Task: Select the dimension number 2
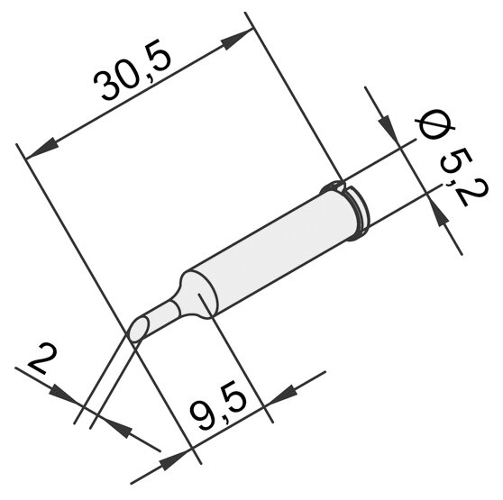pos(42,359)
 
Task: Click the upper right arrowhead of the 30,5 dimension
pos(235,40)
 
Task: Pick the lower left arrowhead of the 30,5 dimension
pos(42,149)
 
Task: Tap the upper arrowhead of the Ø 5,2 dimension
pos(388,127)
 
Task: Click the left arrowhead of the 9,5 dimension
pos(175,460)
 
